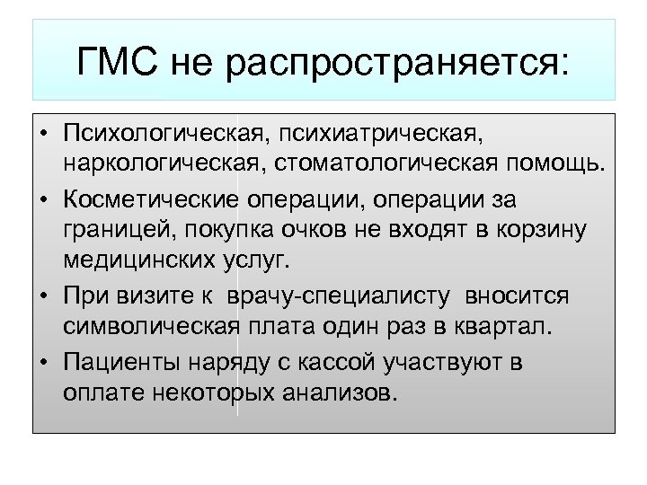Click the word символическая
150,327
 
